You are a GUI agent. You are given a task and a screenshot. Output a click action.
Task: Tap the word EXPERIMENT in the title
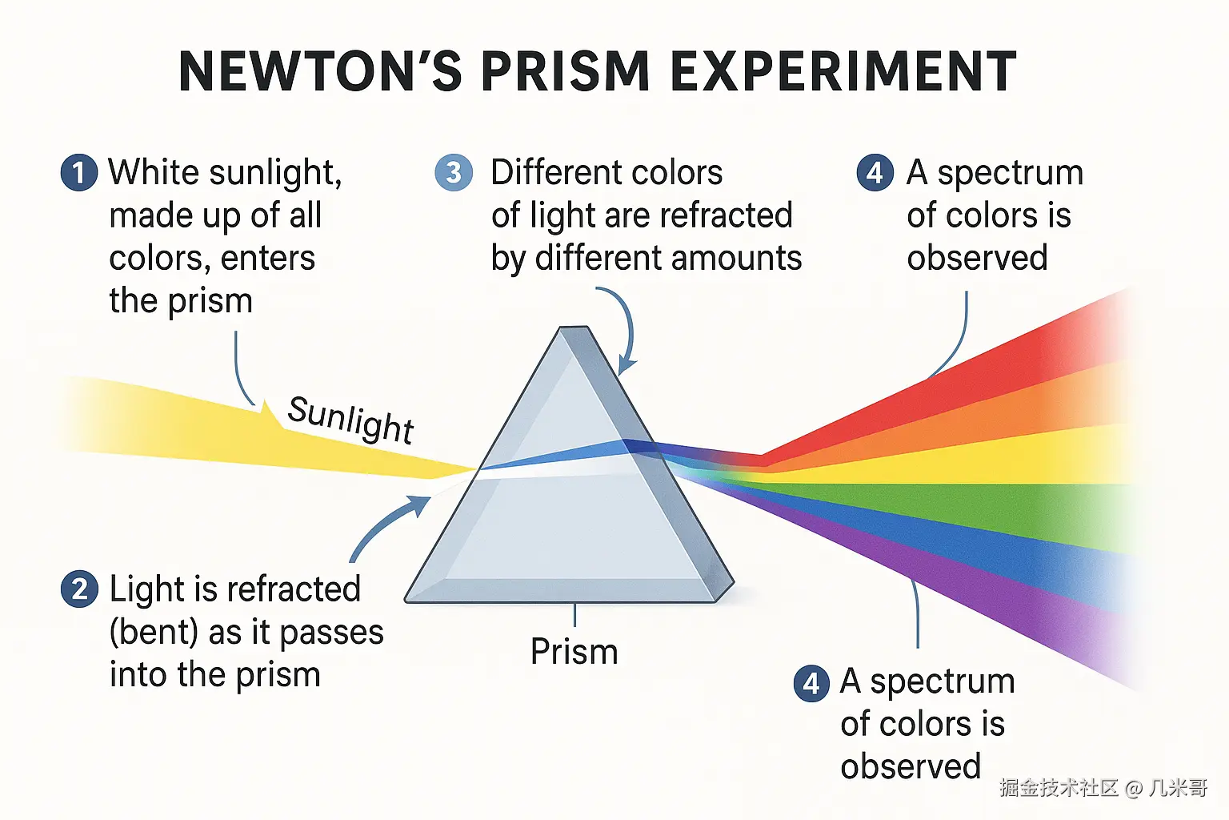point(844,70)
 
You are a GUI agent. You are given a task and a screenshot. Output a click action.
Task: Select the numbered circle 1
point(79,172)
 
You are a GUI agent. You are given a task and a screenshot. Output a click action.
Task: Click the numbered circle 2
point(79,589)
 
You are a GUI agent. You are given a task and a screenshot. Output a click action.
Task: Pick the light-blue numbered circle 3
point(454,172)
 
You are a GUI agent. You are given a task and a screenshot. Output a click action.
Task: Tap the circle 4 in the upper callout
point(875,172)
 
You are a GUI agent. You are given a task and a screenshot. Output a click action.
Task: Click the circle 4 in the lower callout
point(811,683)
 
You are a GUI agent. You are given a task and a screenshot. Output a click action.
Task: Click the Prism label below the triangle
point(574,651)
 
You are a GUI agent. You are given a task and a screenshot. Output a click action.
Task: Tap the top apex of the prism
point(574,327)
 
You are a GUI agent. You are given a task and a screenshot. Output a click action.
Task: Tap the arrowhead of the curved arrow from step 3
point(626,366)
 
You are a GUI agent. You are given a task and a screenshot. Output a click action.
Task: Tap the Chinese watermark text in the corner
point(1103,788)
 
